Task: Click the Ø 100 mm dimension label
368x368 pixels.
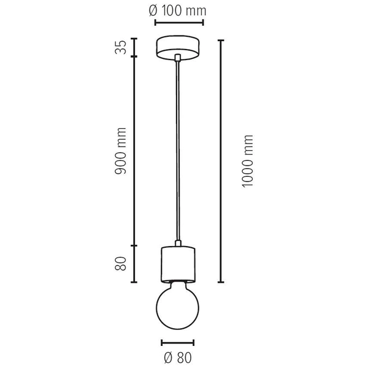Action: pyautogui.click(x=177, y=10)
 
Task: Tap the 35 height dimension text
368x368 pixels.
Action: pyautogui.click(x=121, y=47)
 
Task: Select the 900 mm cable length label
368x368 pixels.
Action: pyautogui.click(x=121, y=151)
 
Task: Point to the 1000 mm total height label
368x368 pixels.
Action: pyautogui.click(x=247, y=161)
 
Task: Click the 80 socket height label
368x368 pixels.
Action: pyautogui.click(x=121, y=264)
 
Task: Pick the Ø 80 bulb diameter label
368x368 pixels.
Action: pyautogui.click(x=178, y=358)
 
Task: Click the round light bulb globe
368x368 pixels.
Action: pyautogui.click(x=178, y=308)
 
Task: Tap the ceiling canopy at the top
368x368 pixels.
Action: pyautogui.click(x=178, y=48)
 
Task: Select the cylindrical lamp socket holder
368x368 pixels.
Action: pyautogui.click(x=178, y=264)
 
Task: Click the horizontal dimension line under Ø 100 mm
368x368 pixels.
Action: pyautogui.click(x=179, y=23)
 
